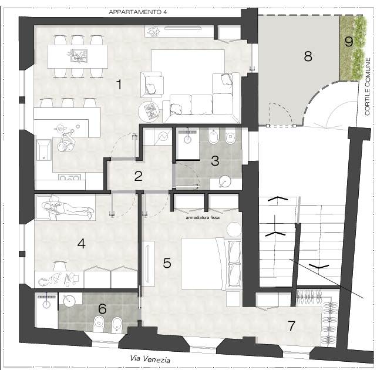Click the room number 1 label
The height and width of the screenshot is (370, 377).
[119, 85]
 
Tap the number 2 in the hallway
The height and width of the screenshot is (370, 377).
[139, 176]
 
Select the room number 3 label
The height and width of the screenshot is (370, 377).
[215, 160]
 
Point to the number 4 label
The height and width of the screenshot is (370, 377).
[82, 244]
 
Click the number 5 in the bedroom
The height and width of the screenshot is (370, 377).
[167, 263]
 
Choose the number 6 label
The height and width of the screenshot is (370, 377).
[102, 308]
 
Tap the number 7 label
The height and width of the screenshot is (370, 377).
[291, 326]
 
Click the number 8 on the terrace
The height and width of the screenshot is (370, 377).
[308, 56]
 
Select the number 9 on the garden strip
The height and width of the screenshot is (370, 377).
[349, 41]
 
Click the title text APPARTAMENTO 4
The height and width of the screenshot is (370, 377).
[137, 12]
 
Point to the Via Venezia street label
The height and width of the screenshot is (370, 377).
[150, 359]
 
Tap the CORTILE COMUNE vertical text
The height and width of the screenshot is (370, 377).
[367, 86]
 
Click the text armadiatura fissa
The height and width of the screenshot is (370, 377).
[203, 217]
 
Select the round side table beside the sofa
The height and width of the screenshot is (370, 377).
[149, 112]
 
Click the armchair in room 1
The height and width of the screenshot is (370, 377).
[152, 85]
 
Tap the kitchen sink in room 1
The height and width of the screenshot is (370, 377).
[43, 150]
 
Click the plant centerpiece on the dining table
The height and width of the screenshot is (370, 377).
[77, 56]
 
